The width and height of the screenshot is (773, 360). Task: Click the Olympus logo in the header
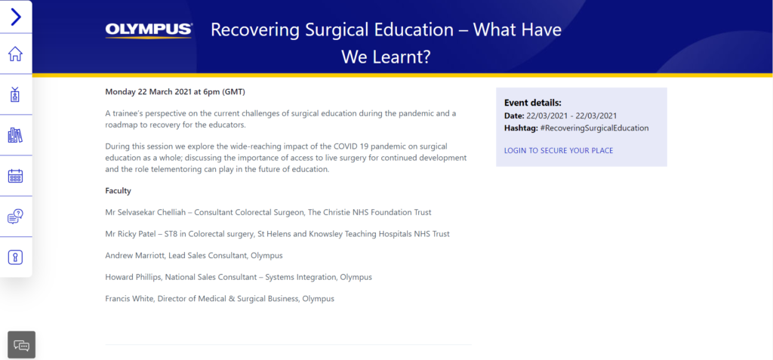(149, 31)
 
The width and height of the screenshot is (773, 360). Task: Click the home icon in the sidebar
(15, 54)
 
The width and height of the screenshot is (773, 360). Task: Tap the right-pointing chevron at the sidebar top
(17, 17)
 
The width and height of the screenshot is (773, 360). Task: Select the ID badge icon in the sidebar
(15, 94)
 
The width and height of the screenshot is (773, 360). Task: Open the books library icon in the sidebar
(15, 135)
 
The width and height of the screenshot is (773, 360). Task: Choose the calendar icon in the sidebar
(15, 176)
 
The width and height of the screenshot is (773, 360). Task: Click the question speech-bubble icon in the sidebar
(15, 217)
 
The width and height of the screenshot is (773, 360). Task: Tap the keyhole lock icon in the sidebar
(15, 257)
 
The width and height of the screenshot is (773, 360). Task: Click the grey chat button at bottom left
(22, 345)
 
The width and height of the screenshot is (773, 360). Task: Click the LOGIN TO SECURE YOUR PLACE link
(559, 150)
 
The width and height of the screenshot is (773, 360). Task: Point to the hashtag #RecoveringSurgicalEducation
(595, 128)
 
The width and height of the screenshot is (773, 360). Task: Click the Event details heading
(533, 103)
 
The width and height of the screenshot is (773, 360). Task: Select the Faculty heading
(119, 191)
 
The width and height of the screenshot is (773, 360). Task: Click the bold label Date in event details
(513, 116)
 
